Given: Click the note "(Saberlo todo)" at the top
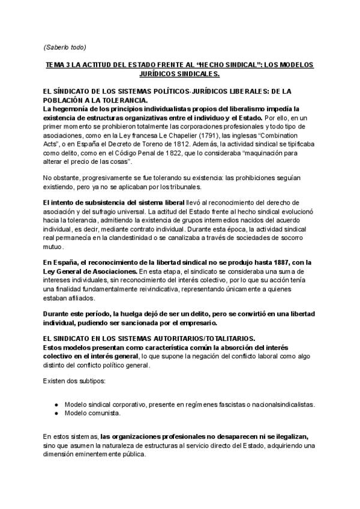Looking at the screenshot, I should [65, 47].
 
